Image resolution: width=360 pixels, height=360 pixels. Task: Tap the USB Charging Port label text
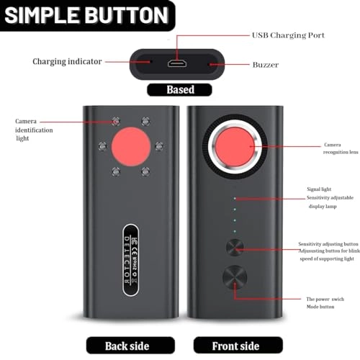(x=287, y=35)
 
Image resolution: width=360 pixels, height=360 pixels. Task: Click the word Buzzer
(x=265, y=64)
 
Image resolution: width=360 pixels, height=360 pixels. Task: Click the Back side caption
(x=127, y=346)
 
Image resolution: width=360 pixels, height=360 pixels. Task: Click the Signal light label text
(x=318, y=189)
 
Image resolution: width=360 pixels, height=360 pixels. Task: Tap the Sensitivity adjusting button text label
(x=328, y=245)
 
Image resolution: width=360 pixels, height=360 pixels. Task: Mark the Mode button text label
(x=321, y=307)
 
